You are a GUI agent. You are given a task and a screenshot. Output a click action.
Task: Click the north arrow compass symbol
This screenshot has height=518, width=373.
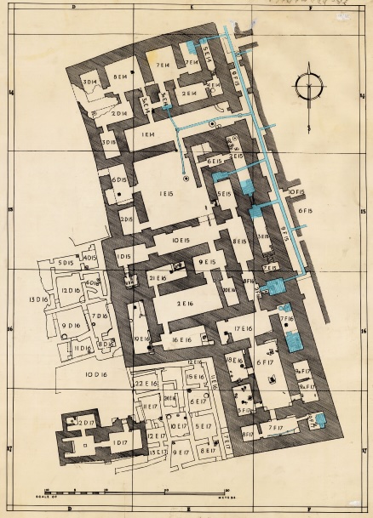308,88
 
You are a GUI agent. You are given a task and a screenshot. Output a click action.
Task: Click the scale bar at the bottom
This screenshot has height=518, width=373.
137,492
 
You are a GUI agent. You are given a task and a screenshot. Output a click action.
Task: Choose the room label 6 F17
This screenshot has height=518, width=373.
264,361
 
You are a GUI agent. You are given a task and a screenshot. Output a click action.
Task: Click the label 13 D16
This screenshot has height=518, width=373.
37,300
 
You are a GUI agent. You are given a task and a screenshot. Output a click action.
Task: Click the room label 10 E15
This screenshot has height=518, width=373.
180,242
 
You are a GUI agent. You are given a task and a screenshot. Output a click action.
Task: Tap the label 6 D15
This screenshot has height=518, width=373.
118,180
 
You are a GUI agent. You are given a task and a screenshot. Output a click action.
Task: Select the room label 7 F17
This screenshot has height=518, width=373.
274,426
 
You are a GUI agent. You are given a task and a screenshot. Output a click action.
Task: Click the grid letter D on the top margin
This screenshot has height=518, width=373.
74,6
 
